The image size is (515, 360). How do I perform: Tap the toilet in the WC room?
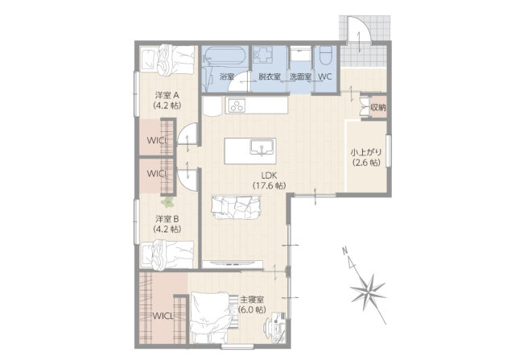pos(326,55)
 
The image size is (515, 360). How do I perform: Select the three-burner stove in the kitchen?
pos(237,106)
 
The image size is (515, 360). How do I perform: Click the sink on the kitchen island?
pos(262,147)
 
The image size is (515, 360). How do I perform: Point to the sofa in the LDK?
pos(236,208)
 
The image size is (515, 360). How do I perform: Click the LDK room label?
pos(269,180)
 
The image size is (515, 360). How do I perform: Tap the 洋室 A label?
pos(167,101)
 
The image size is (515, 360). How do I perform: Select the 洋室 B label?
pos(167,224)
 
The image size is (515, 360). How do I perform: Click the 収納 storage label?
pos(378,107)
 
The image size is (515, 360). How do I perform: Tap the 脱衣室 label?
pos(270,77)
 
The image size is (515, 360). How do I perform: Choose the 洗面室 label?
pos(300,77)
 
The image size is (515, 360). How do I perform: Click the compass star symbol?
pos(368,290)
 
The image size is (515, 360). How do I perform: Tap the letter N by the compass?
pos(345,250)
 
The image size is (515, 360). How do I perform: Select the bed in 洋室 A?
pos(167,60)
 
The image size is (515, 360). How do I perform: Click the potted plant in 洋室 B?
pos(167,201)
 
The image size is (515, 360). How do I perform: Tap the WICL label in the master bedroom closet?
pos(163,316)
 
